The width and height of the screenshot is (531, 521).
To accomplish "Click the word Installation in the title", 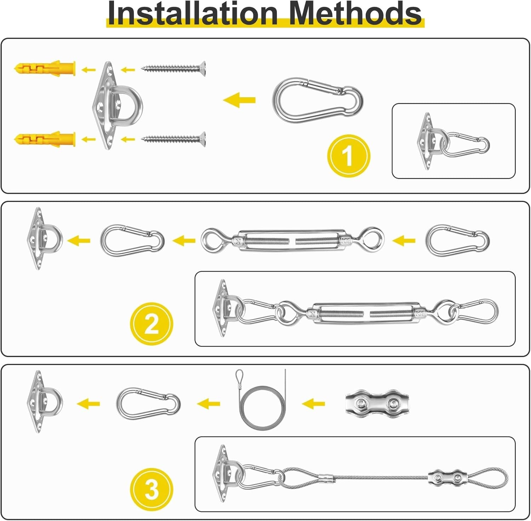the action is pyautogui.click(x=193, y=13).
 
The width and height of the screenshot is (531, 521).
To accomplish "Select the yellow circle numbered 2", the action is pyautogui.click(x=152, y=324).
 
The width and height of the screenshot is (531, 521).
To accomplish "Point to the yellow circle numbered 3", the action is pyautogui.click(x=152, y=490).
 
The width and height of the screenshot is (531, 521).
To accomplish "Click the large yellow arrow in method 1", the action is pyautogui.click(x=239, y=100).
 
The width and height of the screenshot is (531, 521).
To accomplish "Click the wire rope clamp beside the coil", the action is pyautogui.click(x=377, y=403).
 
